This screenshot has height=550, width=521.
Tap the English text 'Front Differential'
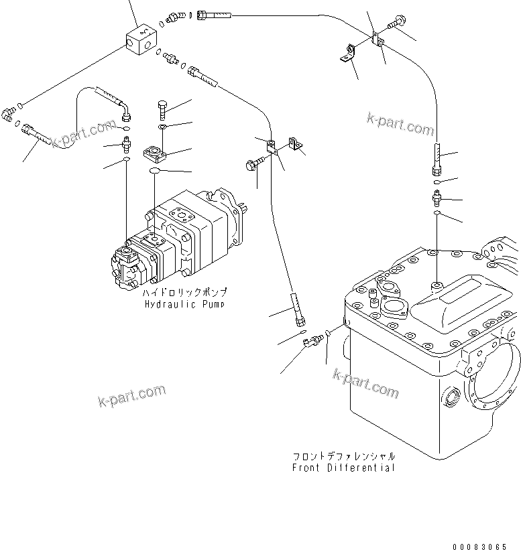click(x=343, y=467)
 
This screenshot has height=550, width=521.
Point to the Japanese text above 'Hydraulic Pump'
click(x=185, y=293)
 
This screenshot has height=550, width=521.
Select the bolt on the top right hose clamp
click(x=393, y=24)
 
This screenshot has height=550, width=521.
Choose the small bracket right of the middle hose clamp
click(x=294, y=144)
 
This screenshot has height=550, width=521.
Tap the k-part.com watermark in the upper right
click(x=400, y=123)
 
